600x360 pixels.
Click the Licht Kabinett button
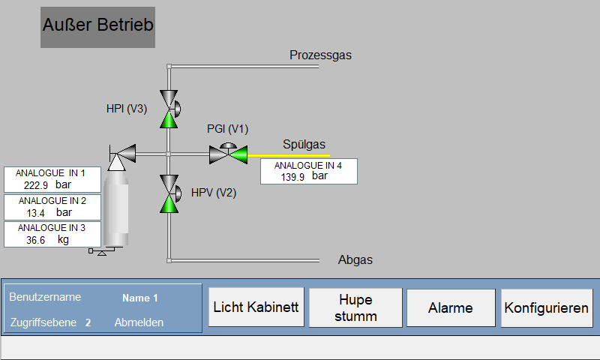[x=256, y=307]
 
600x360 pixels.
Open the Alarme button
[x=451, y=308]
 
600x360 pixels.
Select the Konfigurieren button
[x=547, y=308]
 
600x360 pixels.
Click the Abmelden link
[x=139, y=322]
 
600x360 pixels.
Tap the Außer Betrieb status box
[x=98, y=27]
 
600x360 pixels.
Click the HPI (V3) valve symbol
[x=169, y=109]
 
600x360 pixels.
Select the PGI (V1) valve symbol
[x=229, y=153]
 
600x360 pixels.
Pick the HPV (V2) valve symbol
[x=169, y=193]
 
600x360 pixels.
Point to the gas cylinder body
[x=116, y=208]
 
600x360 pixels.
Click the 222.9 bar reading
[x=47, y=185]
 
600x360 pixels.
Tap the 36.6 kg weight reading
[x=47, y=240]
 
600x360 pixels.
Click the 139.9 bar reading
[x=304, y=176]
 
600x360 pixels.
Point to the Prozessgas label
[x=321, y=55]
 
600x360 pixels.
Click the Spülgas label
[x=304, y=144]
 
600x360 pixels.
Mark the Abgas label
[x=355, y=259]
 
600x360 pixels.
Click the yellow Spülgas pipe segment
[x=289, y=156]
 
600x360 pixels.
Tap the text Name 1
[x=140, y=298]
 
